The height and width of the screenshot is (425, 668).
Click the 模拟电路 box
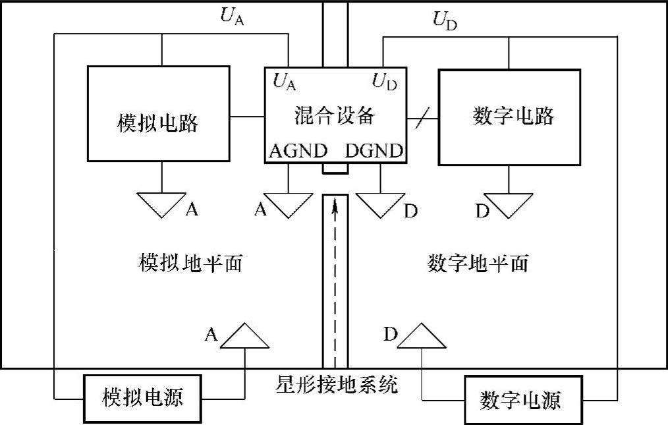coord(158,113)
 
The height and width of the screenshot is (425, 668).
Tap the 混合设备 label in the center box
coord(335,116)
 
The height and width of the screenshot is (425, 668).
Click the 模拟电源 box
coord(142,398)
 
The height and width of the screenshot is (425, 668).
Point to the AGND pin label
coord(298,151)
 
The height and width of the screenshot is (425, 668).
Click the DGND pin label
coord(374,151)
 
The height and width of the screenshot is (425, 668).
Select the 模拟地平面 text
coord(192,264)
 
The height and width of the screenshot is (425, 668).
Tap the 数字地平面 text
coord(478,264)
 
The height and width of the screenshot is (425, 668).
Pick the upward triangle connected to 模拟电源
coord(245,337)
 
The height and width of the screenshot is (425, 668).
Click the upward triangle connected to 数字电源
coord(422,337)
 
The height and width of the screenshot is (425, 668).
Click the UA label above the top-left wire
coord(232,17)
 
